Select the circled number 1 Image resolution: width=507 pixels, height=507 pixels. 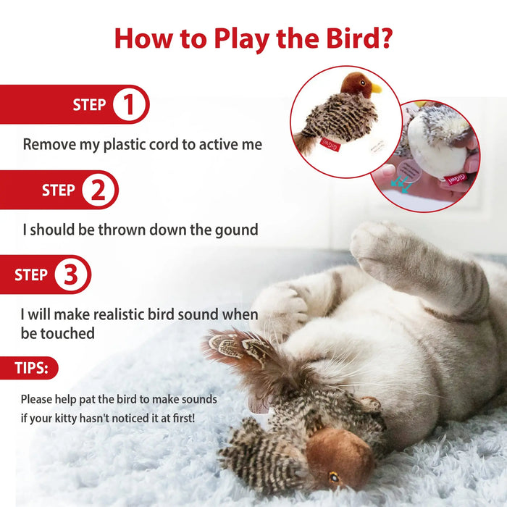click(x=130, y=105)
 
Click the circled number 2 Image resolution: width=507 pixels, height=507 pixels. click(x=99, y=190)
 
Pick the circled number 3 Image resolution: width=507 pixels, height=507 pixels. click(x=71, y=275)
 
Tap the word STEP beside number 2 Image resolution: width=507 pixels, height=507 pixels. click(x=59, y=190)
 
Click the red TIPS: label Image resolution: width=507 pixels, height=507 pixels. click(x=32, y=368)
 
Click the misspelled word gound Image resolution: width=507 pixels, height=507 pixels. click(x=236, y=230)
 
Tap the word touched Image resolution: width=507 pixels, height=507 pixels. click(x=68, y=333)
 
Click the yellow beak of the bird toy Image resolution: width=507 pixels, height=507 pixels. click(x=376, y=89)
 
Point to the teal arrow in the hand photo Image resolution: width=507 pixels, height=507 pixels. click(x=396, y=185)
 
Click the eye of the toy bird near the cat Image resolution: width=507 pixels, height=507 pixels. click(x=333, y=477)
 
